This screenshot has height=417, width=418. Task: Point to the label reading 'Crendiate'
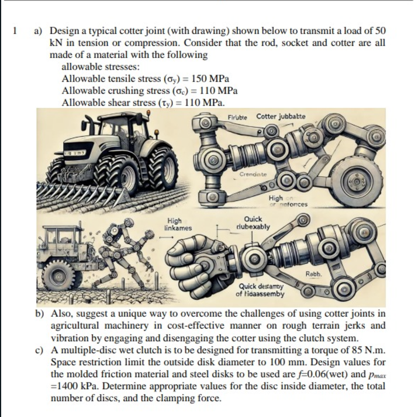(253, 174)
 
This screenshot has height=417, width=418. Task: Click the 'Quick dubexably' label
(252, 223)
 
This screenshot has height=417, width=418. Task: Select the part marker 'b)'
(40, 314)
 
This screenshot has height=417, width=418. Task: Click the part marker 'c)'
(40, 350)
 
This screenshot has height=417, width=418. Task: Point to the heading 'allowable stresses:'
(101, 67)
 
